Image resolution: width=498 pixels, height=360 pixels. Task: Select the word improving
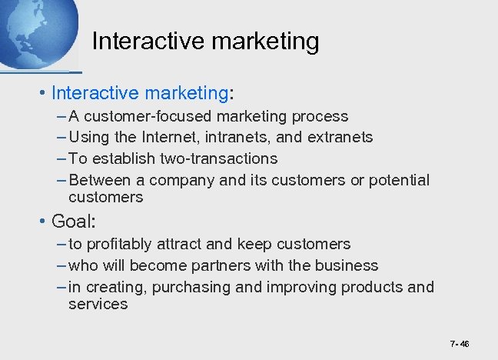click(298, 287)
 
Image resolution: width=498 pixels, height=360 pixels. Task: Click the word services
click(98, 305)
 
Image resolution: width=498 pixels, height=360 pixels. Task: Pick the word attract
click(188, 245)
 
